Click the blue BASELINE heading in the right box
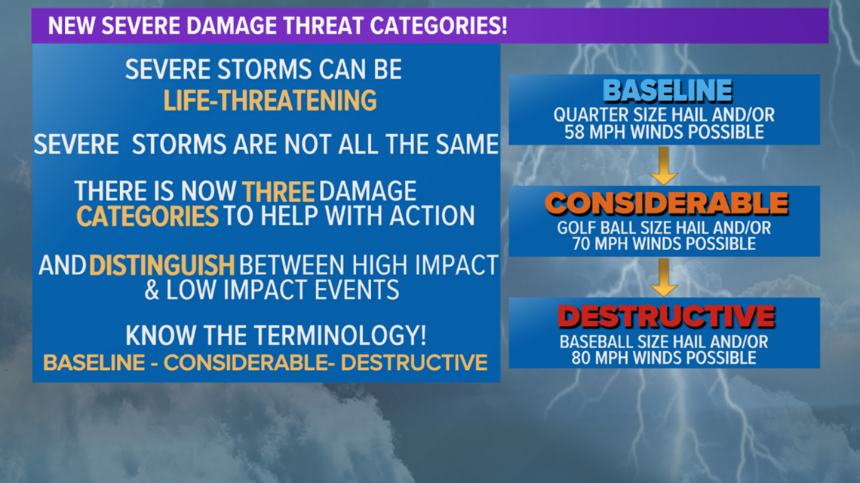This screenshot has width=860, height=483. click(668, 91)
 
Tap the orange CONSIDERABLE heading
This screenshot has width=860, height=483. click(666, 203)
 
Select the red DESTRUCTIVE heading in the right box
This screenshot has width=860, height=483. click(666, 316)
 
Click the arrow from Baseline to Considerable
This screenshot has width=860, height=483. click(664, 165)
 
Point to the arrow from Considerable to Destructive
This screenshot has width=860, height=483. click(664, 277)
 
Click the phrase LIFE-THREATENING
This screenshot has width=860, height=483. click(270, 101)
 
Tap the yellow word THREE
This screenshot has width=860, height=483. click(278, 192)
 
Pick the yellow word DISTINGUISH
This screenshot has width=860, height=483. click(161, 265)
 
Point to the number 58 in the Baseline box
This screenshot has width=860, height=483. click(575, 132)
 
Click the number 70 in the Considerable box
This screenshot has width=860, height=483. click(582, 243)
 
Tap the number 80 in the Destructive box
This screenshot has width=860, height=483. click(582, 358)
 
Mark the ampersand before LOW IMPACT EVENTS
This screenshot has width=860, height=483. click(152, 290)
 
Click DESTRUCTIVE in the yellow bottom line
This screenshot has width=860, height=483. click(414, 362)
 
